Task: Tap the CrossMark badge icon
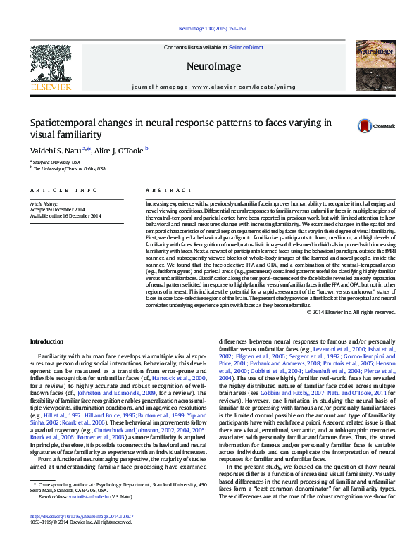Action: tap(365, 126)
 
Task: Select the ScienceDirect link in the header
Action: tap(246, 47)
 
